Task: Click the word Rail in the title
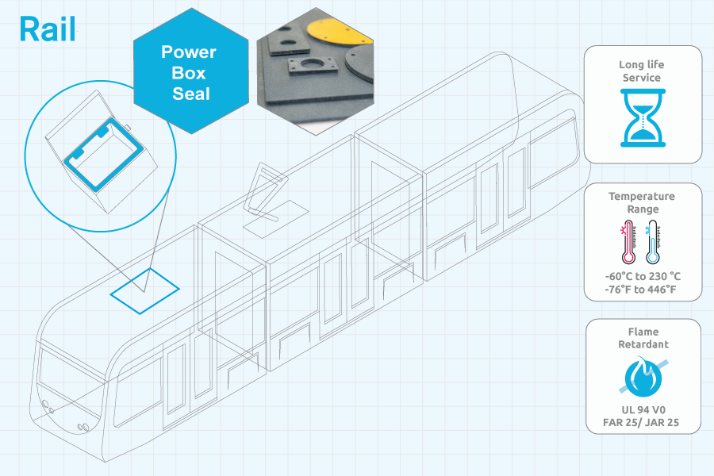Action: pos(48,29)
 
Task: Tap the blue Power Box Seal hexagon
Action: pos(191,71)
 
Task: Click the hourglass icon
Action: pos(643,118)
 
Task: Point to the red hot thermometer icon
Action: pos(628,242)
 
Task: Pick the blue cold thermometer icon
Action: pos(653,242)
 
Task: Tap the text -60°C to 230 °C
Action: pos(643,277)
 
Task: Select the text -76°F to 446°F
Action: pos(641,290)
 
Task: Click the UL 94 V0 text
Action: pos(643,410)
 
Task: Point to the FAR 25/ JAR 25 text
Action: pos(641,423)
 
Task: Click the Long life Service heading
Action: pos(642,71)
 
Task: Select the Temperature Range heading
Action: pos(642,203)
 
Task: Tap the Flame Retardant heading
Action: pos(643,338)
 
